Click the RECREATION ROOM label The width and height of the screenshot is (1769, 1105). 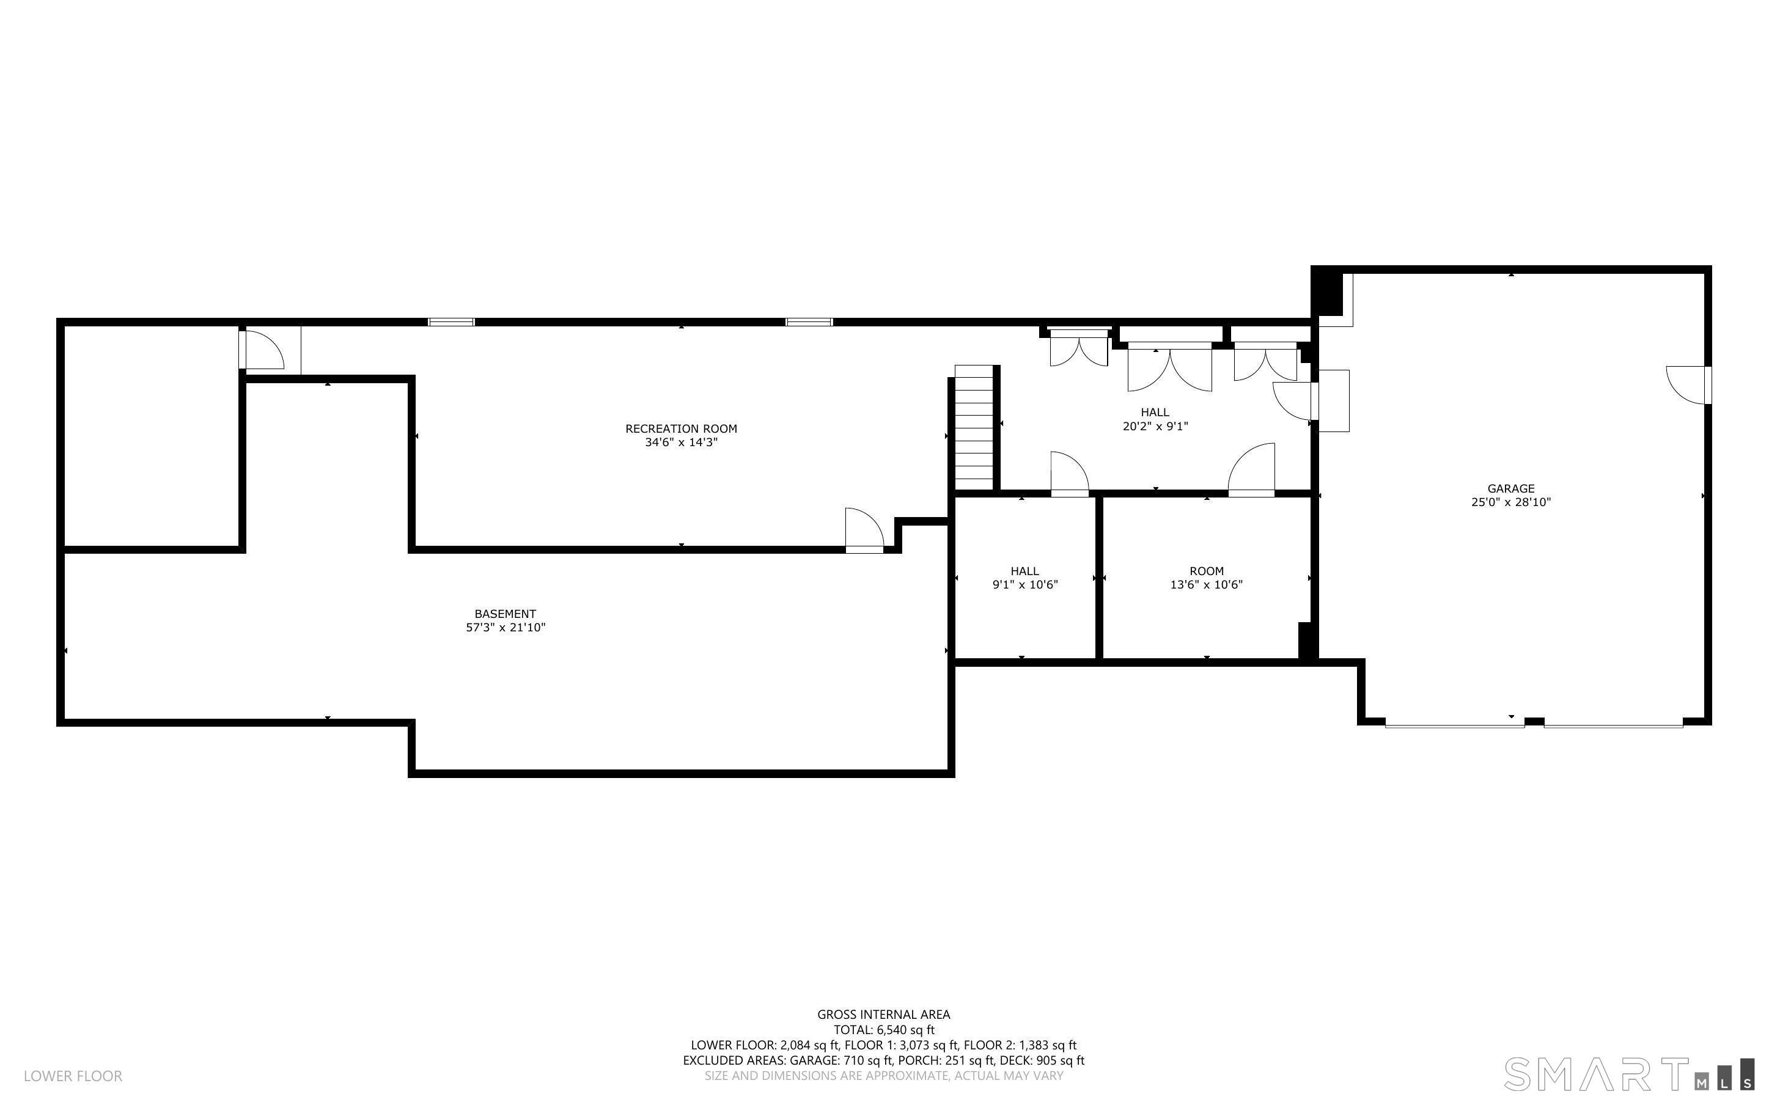pos(681,429)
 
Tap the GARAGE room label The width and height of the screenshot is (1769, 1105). pos(1511,489)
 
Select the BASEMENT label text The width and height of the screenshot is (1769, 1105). pos(505,614)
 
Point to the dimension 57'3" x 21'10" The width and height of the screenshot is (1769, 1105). pos(506,628)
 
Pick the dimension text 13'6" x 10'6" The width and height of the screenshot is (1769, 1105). pos(1207,585)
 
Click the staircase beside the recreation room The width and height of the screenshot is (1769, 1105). pos(974,428)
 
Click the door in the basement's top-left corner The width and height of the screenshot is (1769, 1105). pos(261,350)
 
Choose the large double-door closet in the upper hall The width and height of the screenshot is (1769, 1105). pos(1170,369)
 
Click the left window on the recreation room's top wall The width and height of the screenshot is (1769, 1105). pos(452,322)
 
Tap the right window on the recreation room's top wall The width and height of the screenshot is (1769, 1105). pos(809,322)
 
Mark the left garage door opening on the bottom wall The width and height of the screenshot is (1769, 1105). pos(1455,724)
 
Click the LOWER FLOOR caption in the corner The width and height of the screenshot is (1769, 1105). pos(73,1076)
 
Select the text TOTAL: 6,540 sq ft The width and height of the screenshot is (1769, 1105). pos(884,1030)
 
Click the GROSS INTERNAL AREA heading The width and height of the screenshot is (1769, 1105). pos(883,1015)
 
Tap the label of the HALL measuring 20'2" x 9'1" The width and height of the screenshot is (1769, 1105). pos(1155,412)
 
